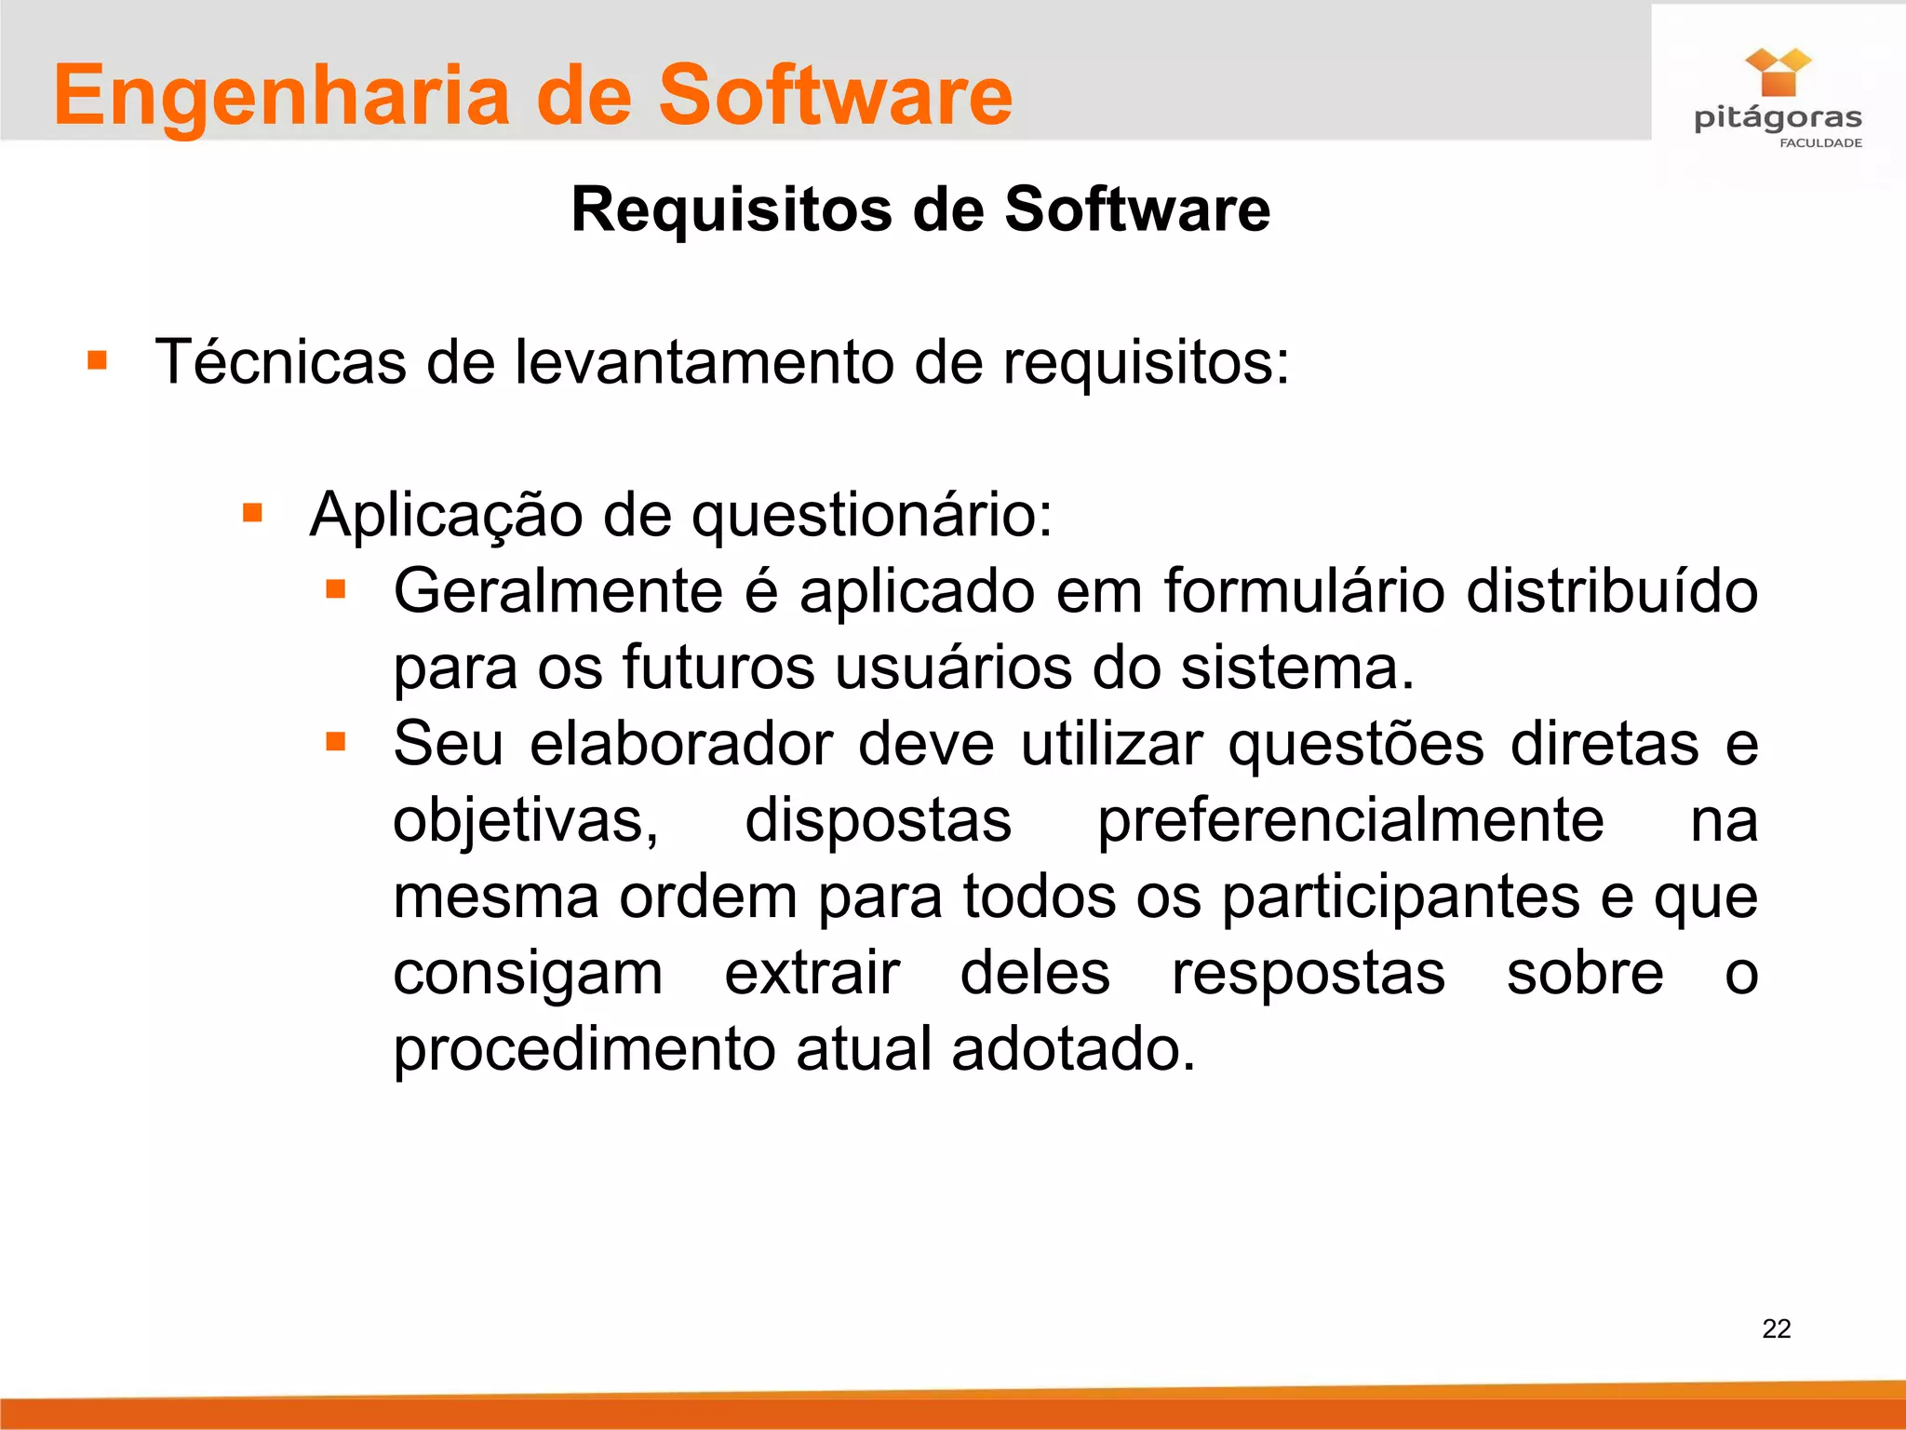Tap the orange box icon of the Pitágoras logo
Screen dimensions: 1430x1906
(x=1778, y=74)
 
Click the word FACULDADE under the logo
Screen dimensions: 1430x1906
(x=1820, y=142)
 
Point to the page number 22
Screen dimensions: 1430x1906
(x=1776, y=1329)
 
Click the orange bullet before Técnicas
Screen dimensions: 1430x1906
(x=97, y=360)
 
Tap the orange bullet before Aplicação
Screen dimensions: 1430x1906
(x=252, y=513)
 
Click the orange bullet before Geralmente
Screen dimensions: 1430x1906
(x=336, y=589)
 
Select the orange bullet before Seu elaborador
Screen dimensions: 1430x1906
(x=336, y=742)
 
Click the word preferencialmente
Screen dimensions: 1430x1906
(x=1350, y=822)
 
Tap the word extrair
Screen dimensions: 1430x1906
(x=812, y=974)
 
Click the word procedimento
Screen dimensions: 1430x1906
(x=584, y=1050)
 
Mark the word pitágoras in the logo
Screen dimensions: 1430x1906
(x=1778, y=118)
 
